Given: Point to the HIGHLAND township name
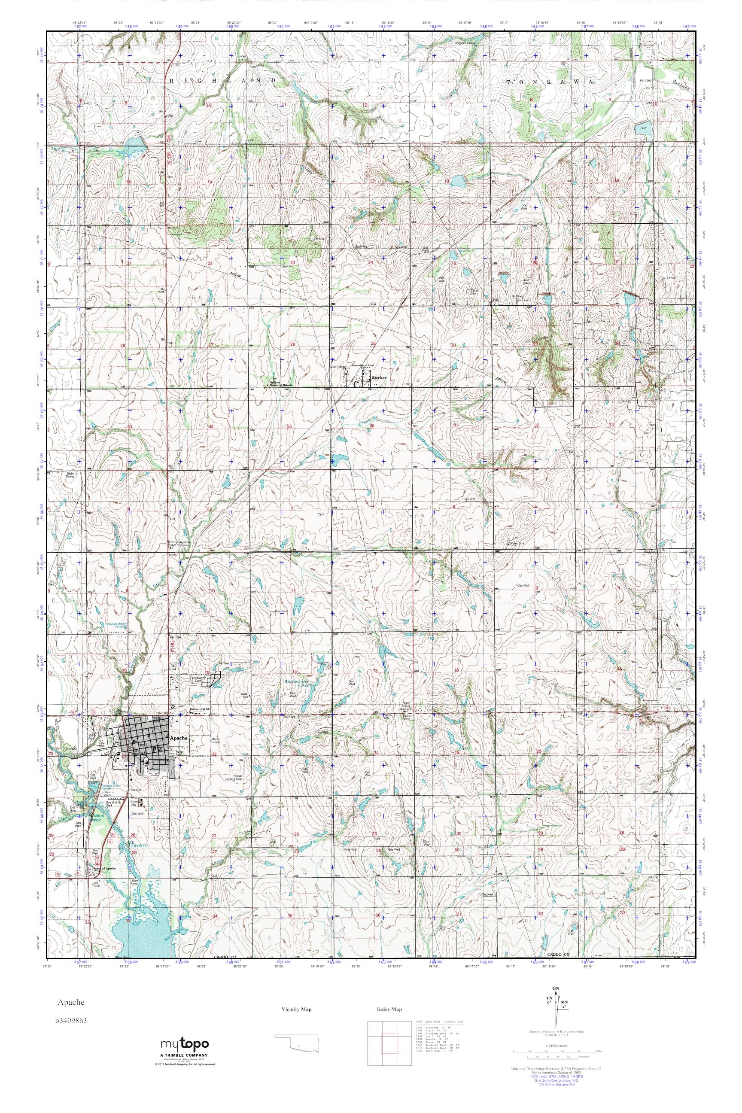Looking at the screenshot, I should pos(222,82).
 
